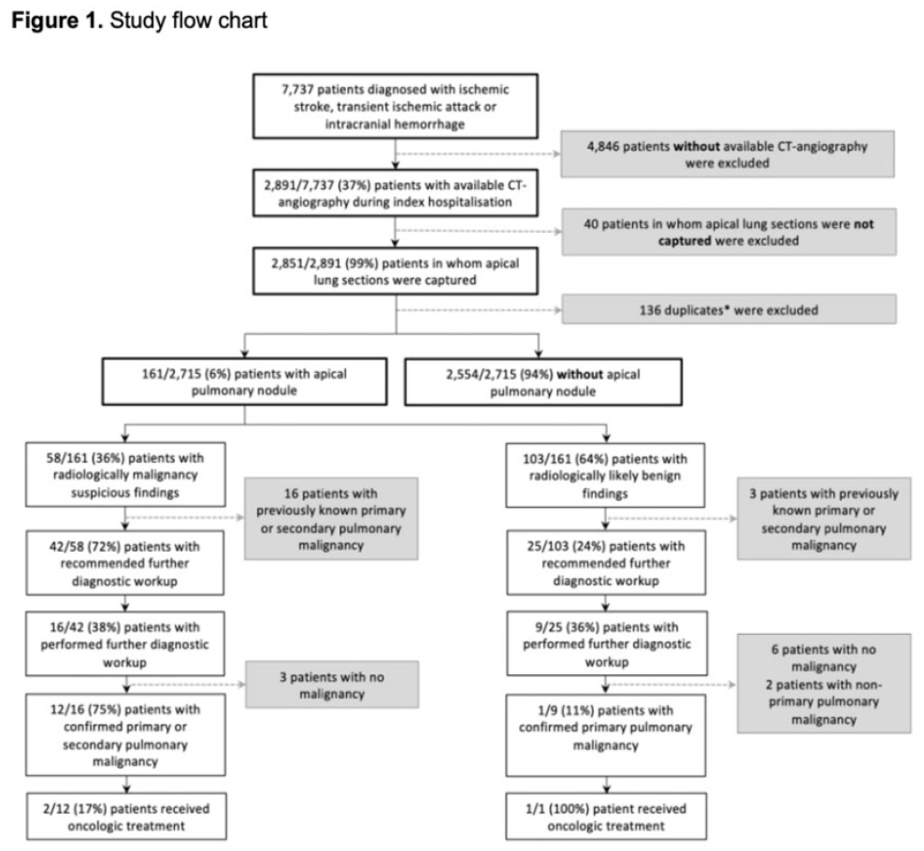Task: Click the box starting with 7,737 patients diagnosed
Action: tap(395, 106)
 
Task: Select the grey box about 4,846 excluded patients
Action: tap(728, 153)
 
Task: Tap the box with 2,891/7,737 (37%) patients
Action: tap(395, 194)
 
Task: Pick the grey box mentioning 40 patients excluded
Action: tap(729, 232)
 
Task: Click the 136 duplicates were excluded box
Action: tap(729, 310)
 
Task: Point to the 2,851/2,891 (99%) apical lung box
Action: tap(395, 271)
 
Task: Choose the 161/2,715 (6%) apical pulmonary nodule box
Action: tap(244, 382)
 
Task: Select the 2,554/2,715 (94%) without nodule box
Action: tap(542, 382)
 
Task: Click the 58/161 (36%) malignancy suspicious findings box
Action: tap(125, 474)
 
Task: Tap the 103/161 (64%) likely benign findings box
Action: tap(605, 475)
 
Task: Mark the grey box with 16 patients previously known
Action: tap(331, 519)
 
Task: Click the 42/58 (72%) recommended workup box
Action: tap(125, 563)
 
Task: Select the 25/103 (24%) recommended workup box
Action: tap(606, 563)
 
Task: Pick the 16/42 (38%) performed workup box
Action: tap(125, 643)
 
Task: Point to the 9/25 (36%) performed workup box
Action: tap(606, 643)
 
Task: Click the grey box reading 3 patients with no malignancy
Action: tap(332, 685)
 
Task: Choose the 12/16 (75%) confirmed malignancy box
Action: tap(125, 735)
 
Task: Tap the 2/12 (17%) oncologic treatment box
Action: tap(126, 816)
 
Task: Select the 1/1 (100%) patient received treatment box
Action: tap(606, 816)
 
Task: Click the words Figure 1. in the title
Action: tap(57, 21)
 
